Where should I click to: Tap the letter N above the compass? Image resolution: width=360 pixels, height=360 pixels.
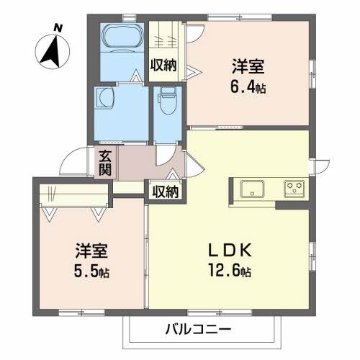click(57, 28)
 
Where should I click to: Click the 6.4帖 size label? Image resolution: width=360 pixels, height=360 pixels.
click(248, 89)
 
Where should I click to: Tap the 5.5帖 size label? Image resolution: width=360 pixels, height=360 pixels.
click(94, 274)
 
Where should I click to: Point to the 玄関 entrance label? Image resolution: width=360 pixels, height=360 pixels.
click(105, 163)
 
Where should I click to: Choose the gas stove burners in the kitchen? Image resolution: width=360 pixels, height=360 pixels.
click(294, 189)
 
